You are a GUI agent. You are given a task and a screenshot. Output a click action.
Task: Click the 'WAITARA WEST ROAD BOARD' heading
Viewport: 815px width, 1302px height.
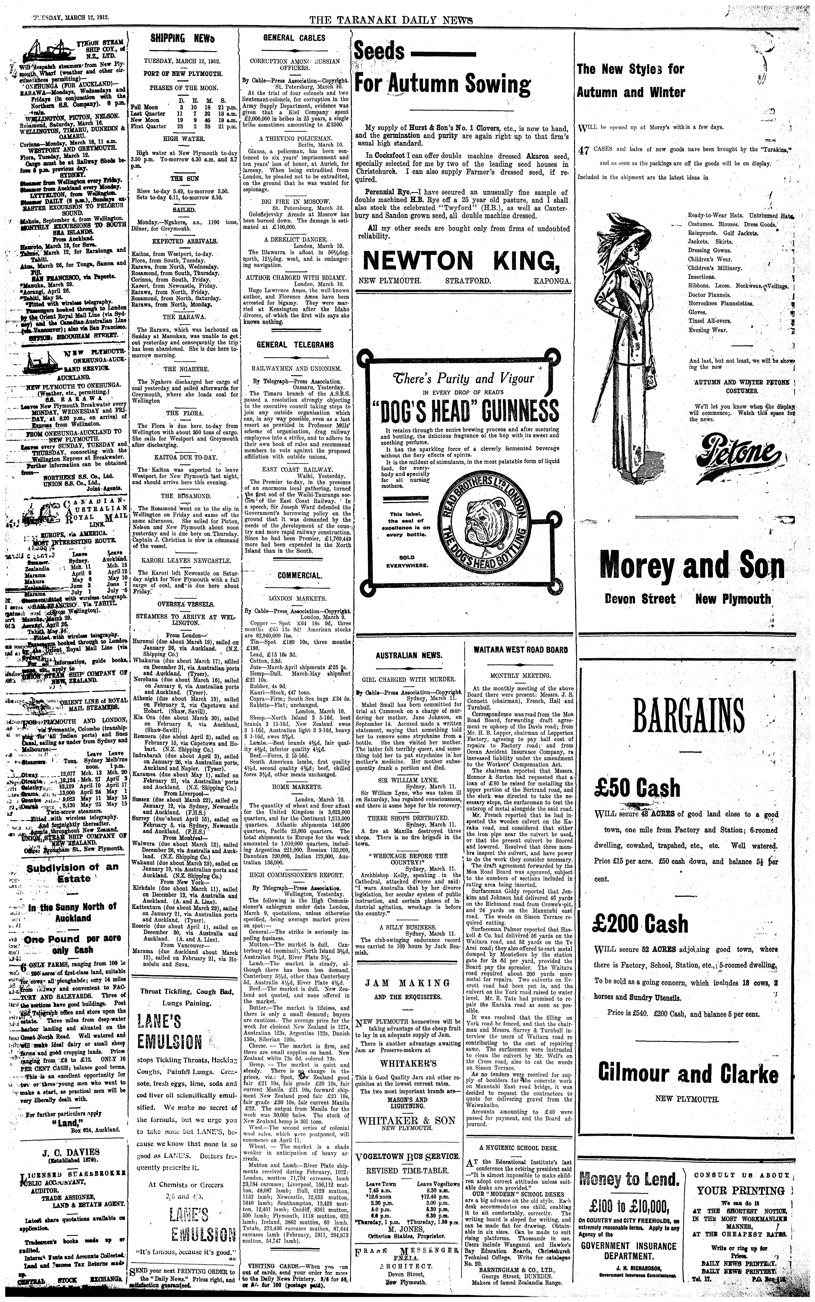(x=520, y=650)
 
